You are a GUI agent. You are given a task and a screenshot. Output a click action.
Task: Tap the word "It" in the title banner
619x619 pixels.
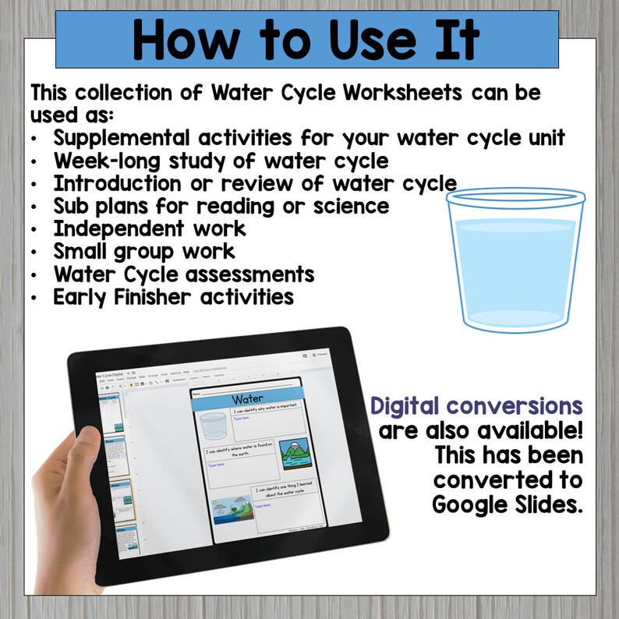[457, 39]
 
